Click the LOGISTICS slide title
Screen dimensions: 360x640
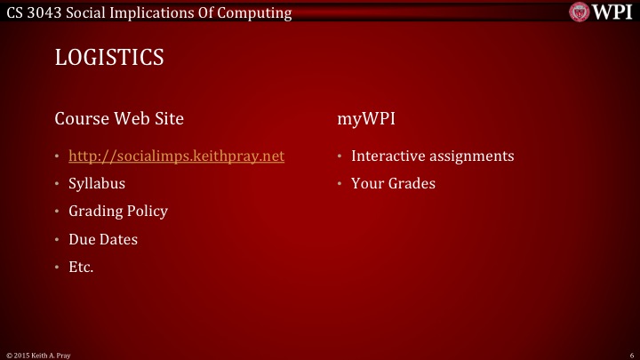(109, 58)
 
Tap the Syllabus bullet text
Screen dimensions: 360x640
(97, 184)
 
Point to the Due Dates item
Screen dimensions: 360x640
(103, 239)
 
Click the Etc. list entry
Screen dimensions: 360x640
(81, 267)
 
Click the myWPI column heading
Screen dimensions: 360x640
(366, 117)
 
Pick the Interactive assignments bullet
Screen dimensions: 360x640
(433, 156)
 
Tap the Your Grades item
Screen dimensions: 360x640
(394, 184)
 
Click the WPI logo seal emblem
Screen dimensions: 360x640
(579, 12)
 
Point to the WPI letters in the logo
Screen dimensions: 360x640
(612, 12)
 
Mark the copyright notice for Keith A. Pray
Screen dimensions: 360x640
(38, 355)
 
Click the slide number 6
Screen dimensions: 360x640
(629, 355)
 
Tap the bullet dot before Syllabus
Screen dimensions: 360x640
(58, 185)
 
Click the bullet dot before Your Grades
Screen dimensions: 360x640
(340, 185)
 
